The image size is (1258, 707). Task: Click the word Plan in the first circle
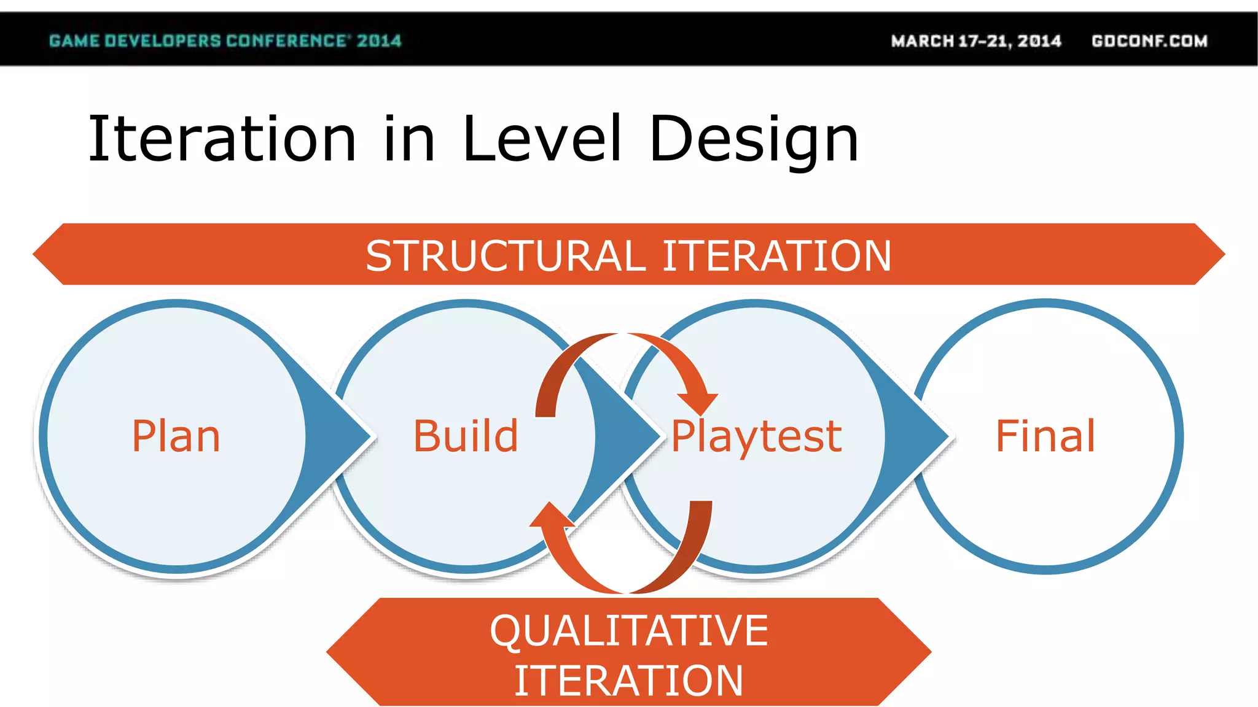[176, 436]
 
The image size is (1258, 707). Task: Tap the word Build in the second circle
[466, 436]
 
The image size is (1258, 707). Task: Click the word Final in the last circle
[1045, 436]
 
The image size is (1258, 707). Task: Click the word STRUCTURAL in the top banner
[505, 256]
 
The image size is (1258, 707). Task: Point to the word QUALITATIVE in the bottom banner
[628, 631]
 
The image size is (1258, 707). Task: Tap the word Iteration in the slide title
[222, 139]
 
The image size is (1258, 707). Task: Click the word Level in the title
[542, 139]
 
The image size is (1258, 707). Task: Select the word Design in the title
[754, 141]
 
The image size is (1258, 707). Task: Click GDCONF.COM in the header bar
[1149, 41]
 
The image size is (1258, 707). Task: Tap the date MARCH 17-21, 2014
[976, 41]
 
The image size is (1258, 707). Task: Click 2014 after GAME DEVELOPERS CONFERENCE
[379, 41]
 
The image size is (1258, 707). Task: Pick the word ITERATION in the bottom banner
[628, 681]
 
